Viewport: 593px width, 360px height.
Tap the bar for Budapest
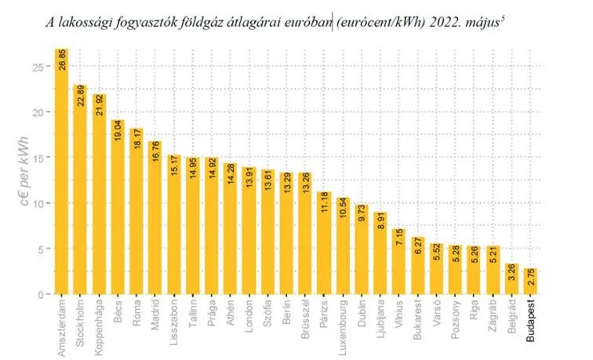click(x=531, y=282)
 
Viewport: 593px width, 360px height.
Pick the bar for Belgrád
click(x=512, y=279)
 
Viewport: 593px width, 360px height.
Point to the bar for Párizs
click(x=324, y=243)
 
